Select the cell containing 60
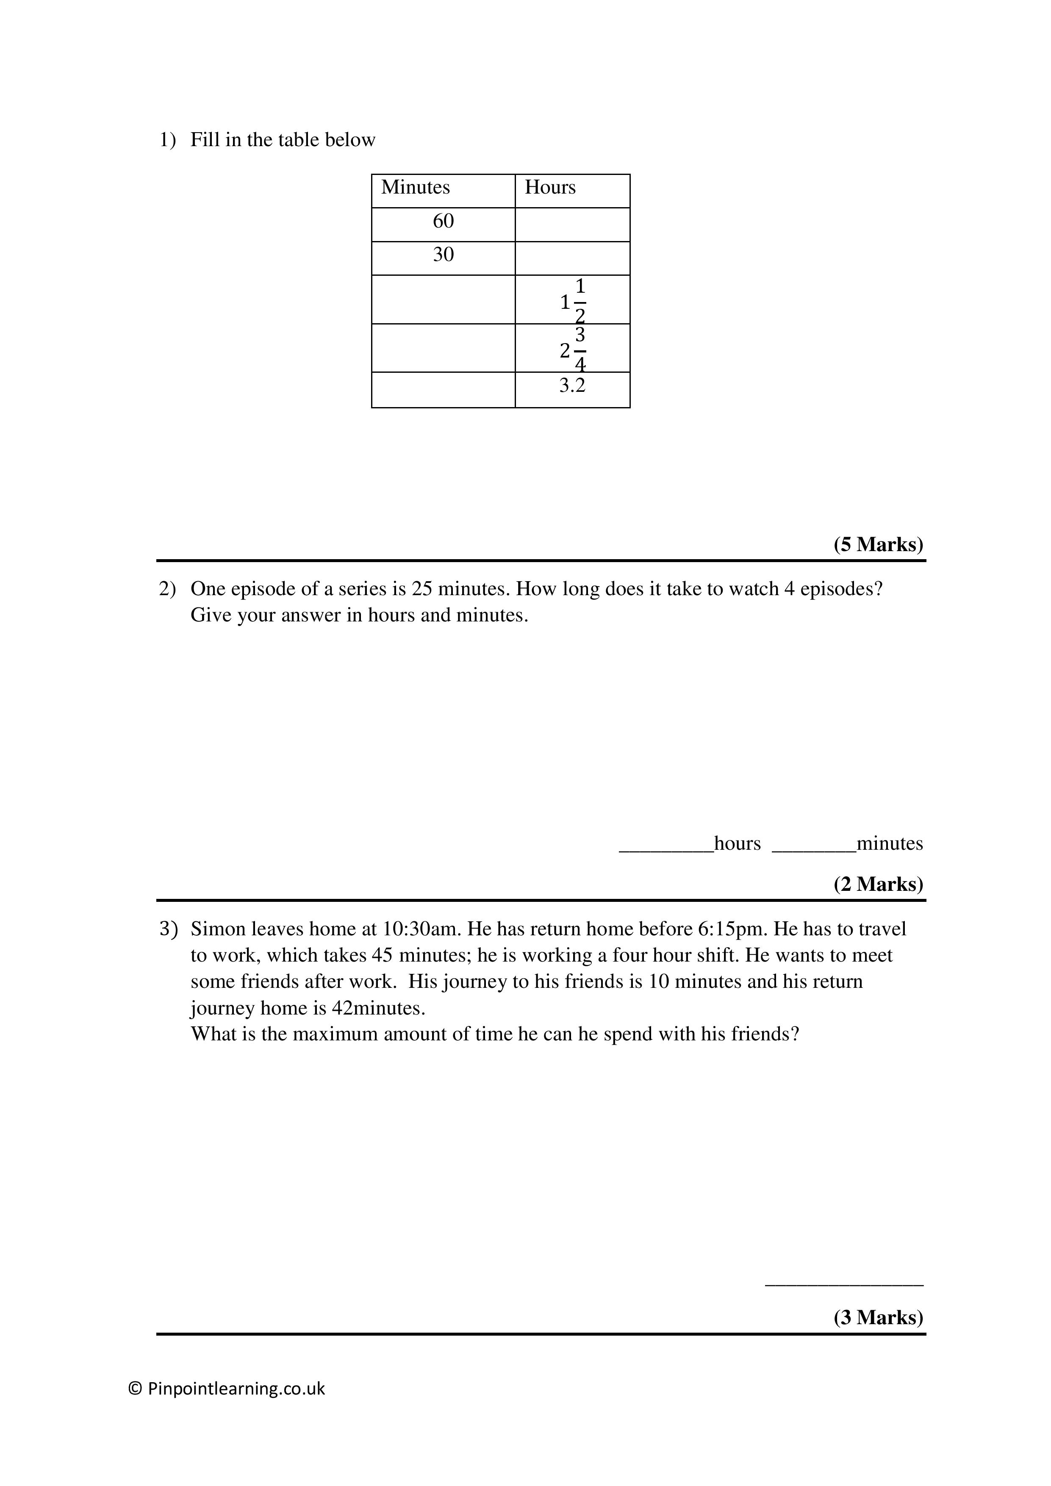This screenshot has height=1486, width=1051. pos(443,222)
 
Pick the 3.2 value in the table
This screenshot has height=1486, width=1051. pos(572,386)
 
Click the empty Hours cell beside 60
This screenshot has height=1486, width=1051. pos(572,225)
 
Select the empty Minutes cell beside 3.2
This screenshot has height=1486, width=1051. pos(443,390)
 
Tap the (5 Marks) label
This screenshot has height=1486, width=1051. pos(878,544)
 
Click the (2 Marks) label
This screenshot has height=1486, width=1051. pos(878,884)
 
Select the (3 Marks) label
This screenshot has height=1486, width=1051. pos(878,1318)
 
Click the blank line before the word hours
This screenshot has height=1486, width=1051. pos(666,849)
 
